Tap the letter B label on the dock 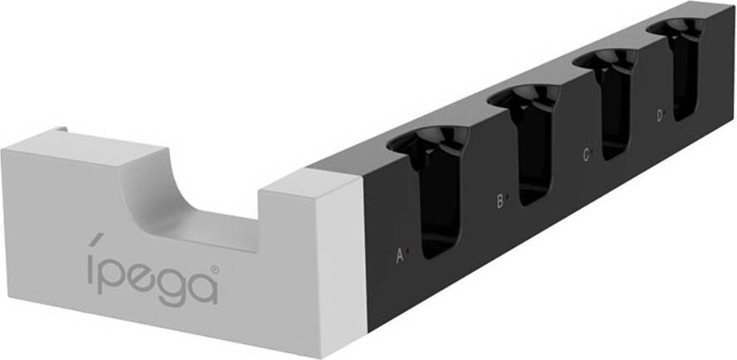(500, 202)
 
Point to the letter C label (586, 154)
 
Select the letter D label (660, 115)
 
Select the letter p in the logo (115, 274)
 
